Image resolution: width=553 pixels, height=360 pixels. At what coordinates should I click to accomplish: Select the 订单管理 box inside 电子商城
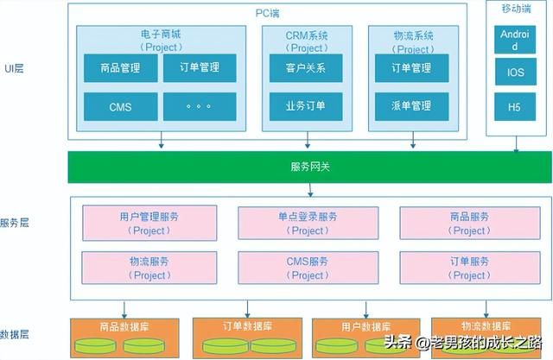(x=199, y=68)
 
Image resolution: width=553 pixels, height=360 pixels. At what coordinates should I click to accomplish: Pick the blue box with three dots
(x=199, y=107)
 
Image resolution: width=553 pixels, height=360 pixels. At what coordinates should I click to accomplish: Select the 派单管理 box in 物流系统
(x=411, y=107)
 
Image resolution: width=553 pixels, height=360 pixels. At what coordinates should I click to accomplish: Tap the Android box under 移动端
(x=510, y=40)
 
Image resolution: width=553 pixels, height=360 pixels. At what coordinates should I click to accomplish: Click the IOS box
(x=510, y=73)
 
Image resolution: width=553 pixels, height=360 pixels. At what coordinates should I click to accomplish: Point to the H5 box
(x=510, y=107)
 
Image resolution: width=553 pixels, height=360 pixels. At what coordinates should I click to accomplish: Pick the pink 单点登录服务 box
(x=308, y=223)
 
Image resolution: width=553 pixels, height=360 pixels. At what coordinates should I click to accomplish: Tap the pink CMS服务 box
(x=308, y=268)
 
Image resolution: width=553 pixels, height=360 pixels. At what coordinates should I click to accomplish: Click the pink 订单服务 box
(x=470, y=268)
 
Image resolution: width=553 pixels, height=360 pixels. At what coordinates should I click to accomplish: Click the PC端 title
(x=267, y=12)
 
